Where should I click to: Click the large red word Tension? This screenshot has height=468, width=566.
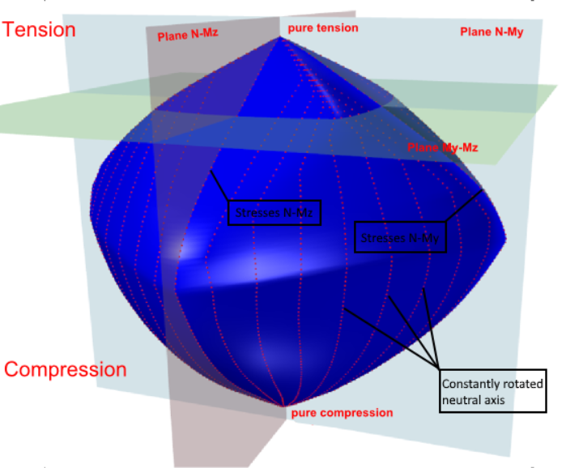click(x=39, y=30)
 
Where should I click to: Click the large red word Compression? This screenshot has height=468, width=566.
click(x=66, y=370)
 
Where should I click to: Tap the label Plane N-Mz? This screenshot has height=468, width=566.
click(x=181, y=33)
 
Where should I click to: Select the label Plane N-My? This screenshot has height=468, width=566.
click(x=492, y=32)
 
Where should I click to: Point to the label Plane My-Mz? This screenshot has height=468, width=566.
click(x=443, y=147)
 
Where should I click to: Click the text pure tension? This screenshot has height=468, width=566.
click(x=323, y=28)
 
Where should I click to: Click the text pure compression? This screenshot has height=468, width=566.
click(x=341, y=413)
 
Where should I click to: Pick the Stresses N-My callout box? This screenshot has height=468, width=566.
click(x=401, y=238)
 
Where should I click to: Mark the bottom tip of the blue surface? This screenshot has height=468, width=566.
click(x=283, y=406)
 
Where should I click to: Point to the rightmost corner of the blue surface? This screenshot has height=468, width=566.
click(x=505, y=240)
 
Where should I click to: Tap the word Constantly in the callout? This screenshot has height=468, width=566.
click(x=468, y=383)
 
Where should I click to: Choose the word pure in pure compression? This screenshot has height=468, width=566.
click(x=303, y=413)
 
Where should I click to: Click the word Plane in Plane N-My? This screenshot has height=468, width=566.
click(x=475, y=32)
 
